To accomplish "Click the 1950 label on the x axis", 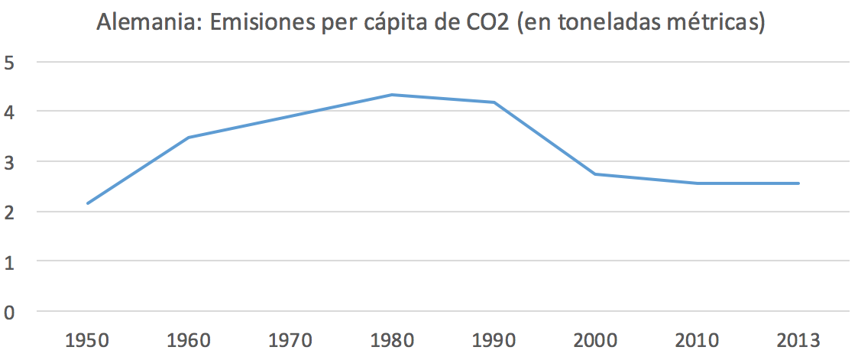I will tap(87, 339).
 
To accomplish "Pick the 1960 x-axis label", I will tap(189, 339).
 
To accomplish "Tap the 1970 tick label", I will tap(290, 339).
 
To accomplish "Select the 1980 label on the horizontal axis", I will tap(392, 339).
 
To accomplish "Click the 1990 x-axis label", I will tap(494, 339).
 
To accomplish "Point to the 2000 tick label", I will tap(595, 339).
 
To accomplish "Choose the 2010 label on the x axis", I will tap(697, 339).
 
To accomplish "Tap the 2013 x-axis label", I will tap(798, 339).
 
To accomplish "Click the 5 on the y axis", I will tap(11, 62).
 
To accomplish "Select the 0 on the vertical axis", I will tap(11, 312).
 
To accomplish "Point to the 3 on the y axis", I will tap(11, 162).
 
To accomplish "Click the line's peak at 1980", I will tap(392, 95).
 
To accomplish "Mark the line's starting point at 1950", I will tap(88, 203).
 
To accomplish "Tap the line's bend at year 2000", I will tap(595, 174).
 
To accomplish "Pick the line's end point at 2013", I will tap(798, 183).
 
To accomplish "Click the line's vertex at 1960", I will tap(189, 138).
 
